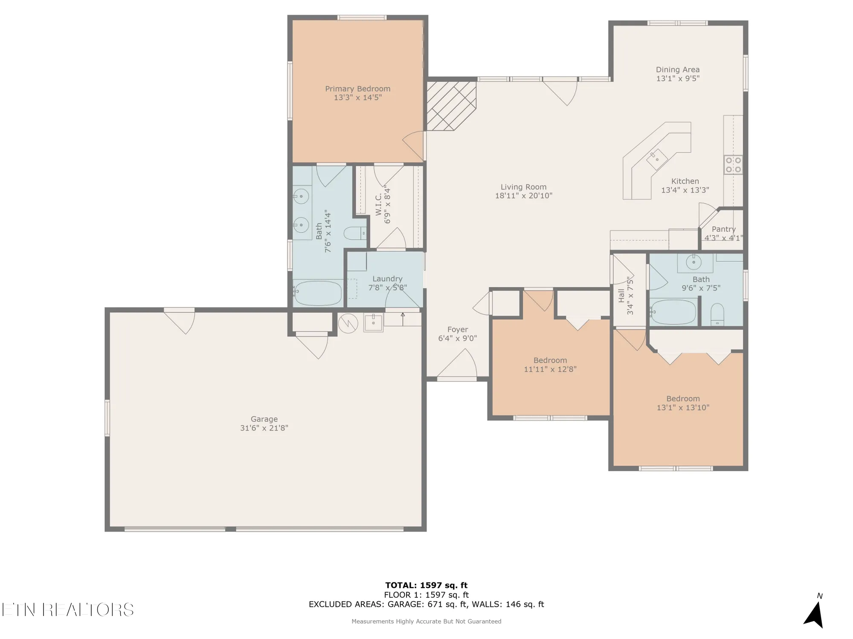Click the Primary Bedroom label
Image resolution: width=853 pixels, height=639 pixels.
coord(358,89)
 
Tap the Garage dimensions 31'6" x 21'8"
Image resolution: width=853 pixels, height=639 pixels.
coord(264,428)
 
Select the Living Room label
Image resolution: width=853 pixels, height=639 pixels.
coord(523,187)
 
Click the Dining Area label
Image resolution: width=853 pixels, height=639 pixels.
coord(678,69)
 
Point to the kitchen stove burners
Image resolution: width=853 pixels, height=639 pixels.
coord(733,164)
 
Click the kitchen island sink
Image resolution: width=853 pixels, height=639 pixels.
coord(657,159)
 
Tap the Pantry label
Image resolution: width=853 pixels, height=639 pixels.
coord(724,229)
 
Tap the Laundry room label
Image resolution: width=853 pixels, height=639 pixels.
coord(387,279)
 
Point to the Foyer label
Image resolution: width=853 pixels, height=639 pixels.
coord(458,329)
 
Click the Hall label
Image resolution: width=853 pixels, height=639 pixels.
coord(621,296)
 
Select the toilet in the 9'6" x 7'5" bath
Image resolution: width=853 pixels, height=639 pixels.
coord(717,314)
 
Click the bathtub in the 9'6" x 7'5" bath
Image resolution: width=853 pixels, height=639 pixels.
coord(673,312)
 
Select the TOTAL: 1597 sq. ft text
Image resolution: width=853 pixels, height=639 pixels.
coord(426,585)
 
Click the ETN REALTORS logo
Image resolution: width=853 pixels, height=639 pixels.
coord(67,610)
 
